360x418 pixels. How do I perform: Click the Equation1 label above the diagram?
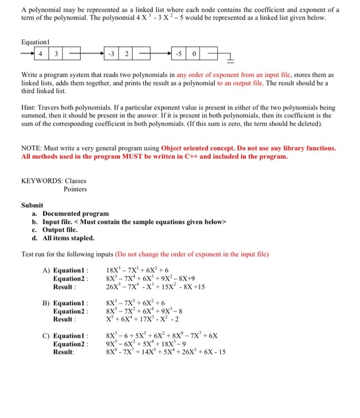35,44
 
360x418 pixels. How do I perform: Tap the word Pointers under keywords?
75,189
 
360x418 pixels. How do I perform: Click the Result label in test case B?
64,319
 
